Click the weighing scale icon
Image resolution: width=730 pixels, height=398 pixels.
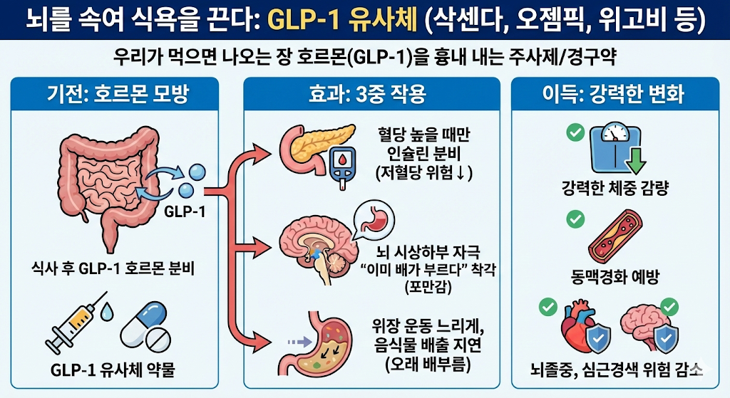click(x=612, y=146)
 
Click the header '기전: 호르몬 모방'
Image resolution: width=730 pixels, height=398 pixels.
click(x=123, y=93)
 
